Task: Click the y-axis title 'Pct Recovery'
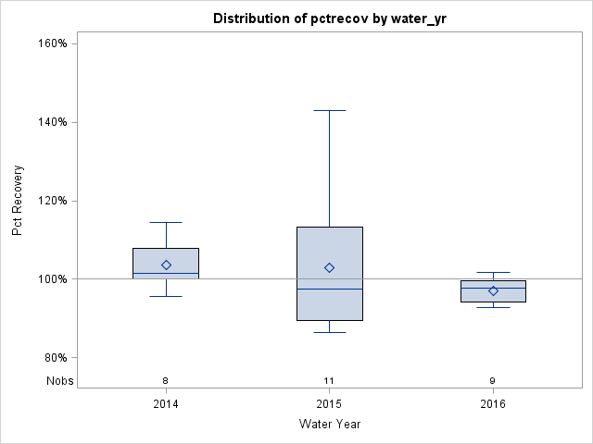pyautogui.click(x=19, y=201)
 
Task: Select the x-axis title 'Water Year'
pyautogui.click(x=329, y=424)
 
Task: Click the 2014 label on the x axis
pyautogui.click(x=166, y=404)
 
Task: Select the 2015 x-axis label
pyautogui.click(x=329, y=404)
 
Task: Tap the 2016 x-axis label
pyautogui.click(x=493, y=404)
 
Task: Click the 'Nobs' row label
pyautogui.click(x=58, y=380)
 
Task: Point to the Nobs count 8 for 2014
pyautogui.click(x=166, y=380)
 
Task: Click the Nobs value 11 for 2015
pyautogui.click(x=329, y=380)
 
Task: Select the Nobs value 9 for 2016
pyautogui.click(x=493, y=380)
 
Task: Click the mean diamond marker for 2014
pyautogui.click(x=166, y=265)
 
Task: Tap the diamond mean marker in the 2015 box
pyautogui.click(x=329, y=267)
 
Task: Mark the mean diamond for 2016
pyautogui.click(x=493, y=290)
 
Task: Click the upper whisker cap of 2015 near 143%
pyautogui.click(x=329, y=110)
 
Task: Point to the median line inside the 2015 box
pyautogui.click(x=329, y=289)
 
